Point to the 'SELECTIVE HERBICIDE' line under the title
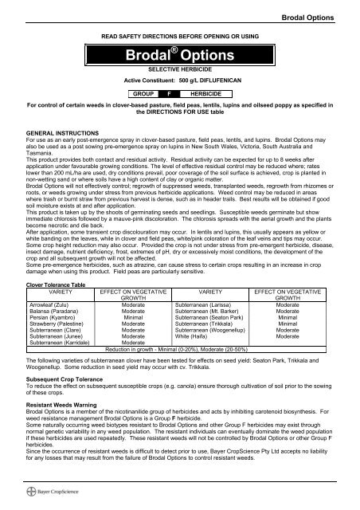(x=178, y=92)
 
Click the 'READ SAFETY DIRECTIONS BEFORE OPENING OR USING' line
(x=178, y=37)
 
